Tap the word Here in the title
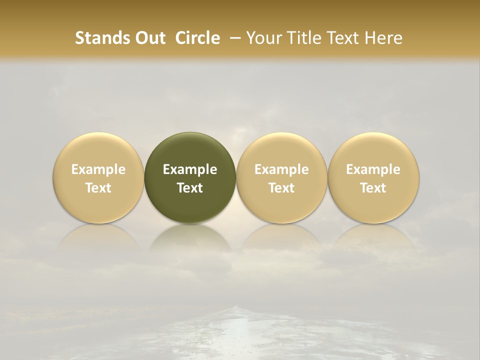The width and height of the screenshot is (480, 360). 382,38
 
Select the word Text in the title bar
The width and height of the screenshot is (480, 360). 340,38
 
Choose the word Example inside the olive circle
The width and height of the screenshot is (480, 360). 190,169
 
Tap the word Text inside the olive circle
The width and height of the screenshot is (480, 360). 190,188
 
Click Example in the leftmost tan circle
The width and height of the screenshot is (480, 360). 98,169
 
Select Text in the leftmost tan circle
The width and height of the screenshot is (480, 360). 98,188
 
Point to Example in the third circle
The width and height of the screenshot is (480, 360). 281,169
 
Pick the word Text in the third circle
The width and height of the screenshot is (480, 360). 281,188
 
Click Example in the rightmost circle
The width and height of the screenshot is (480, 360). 373,169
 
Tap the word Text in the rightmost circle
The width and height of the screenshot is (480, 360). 373,188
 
